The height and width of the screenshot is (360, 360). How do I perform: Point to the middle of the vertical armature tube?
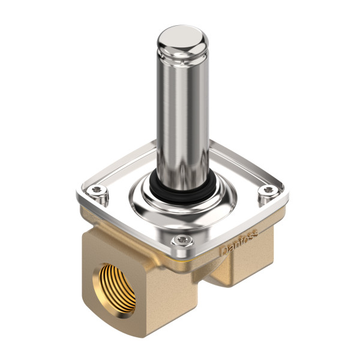click(x=183, y=108)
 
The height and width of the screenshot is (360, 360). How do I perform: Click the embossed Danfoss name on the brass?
click(x=241, y=247)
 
